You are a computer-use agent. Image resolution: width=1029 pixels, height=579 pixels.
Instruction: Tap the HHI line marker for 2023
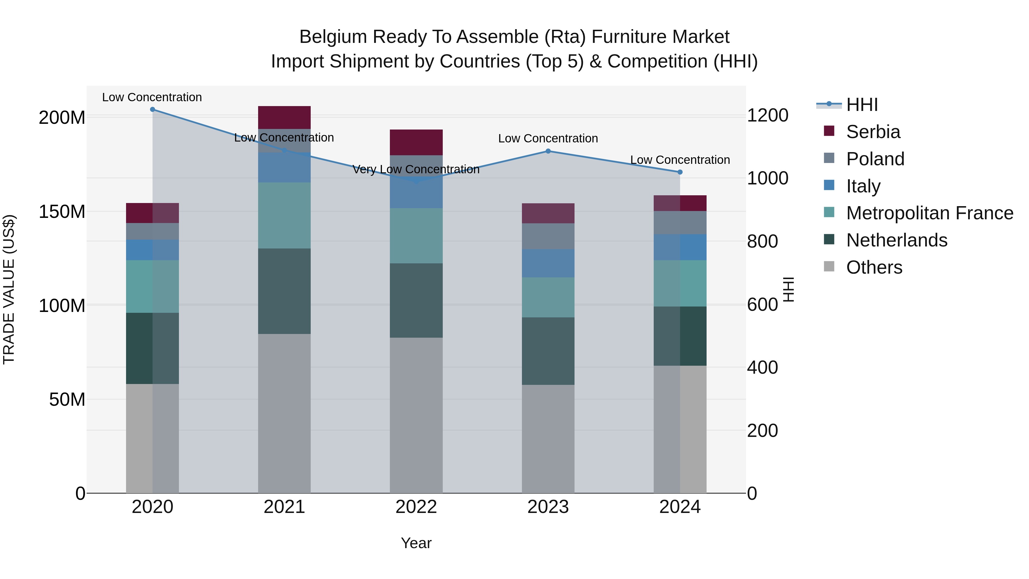[548, 151]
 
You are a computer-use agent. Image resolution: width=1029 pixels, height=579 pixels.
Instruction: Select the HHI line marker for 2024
[680, 172]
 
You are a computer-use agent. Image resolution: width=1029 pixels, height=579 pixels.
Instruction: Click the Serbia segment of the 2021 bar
[284, 118]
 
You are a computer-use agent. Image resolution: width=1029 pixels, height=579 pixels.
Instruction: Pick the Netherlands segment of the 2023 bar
[548, 351]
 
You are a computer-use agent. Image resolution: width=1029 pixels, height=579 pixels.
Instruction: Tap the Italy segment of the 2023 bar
[548, 263]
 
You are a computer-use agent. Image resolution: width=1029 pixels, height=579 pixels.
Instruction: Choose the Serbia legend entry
[873, 132]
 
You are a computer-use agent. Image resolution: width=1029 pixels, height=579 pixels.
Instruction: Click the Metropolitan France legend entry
[929, 213]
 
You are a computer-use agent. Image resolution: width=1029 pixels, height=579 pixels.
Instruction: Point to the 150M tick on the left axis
[62, 212]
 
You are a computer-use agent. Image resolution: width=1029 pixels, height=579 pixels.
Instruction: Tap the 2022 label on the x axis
[416, 507]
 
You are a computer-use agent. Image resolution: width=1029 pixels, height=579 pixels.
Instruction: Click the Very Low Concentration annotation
[416, 170]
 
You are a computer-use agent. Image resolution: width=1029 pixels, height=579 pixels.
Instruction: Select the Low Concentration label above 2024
[680, 160]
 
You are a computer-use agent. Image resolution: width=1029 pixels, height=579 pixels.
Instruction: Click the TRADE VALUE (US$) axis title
[9, 289]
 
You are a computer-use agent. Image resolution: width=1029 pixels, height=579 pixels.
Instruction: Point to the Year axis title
[416, 543]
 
